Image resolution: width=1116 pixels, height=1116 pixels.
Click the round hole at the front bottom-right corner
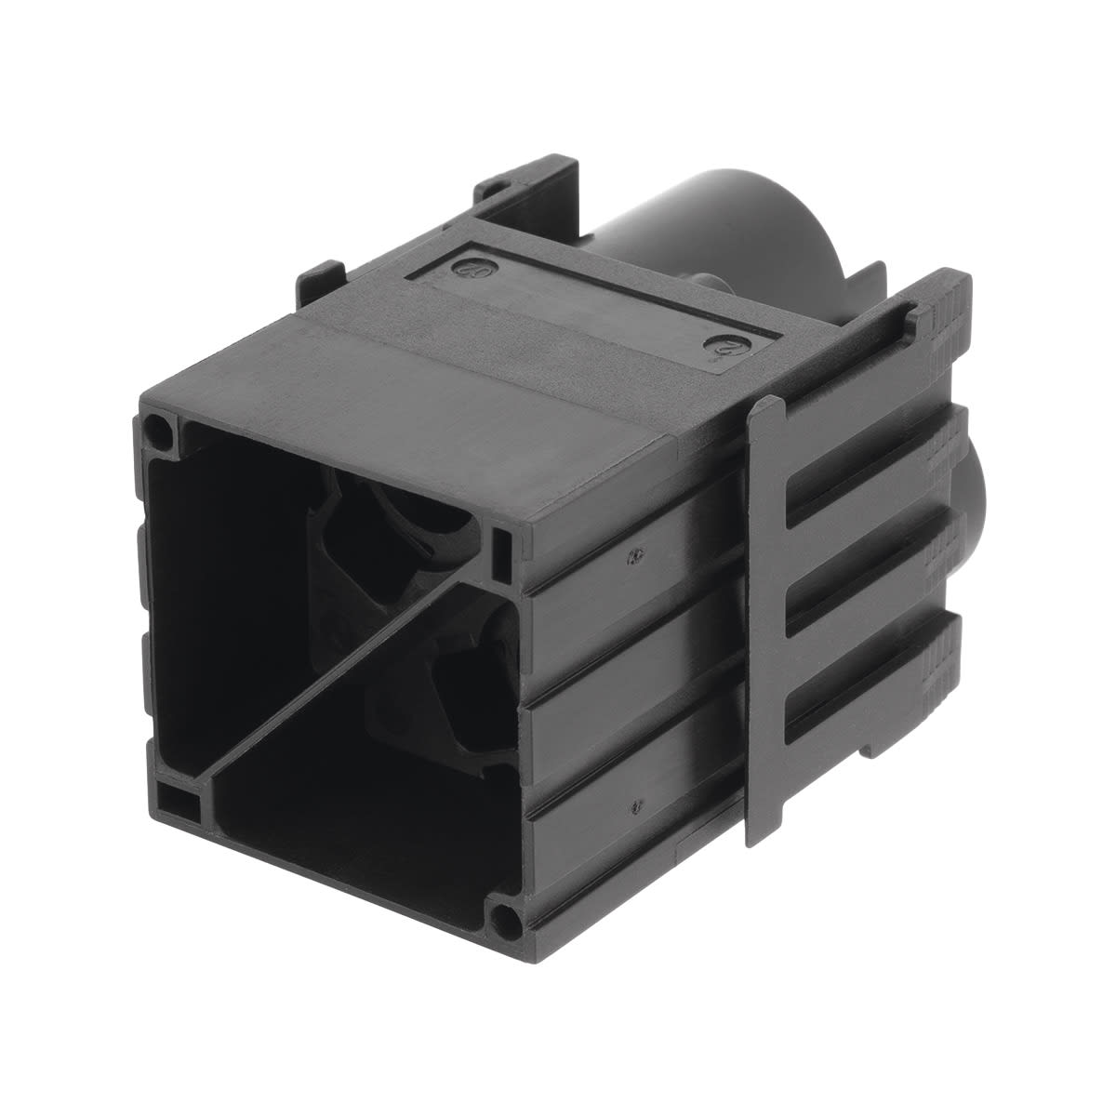[504, 920]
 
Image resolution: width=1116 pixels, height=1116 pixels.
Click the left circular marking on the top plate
[462, 267]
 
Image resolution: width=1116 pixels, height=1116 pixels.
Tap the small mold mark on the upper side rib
[633, 557]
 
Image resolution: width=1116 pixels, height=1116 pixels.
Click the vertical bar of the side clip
[768, 614]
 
